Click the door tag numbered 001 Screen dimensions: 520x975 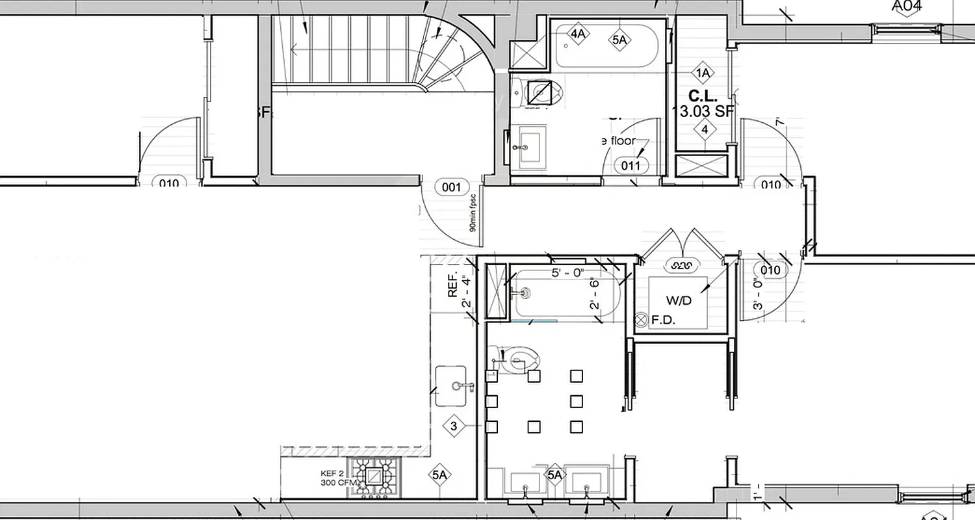451,188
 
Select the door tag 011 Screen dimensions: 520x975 630,166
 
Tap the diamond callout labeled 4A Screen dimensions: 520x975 578,34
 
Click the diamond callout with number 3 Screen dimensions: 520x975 454,426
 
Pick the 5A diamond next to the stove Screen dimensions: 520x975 439,475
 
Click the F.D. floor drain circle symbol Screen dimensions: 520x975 642,319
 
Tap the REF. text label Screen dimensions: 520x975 453,285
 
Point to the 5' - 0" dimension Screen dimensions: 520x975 568,273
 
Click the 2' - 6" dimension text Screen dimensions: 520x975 594,294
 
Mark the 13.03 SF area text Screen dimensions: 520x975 706,111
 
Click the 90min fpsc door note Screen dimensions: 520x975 473,213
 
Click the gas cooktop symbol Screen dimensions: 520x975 374,477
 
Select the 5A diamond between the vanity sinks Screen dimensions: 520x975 554,475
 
